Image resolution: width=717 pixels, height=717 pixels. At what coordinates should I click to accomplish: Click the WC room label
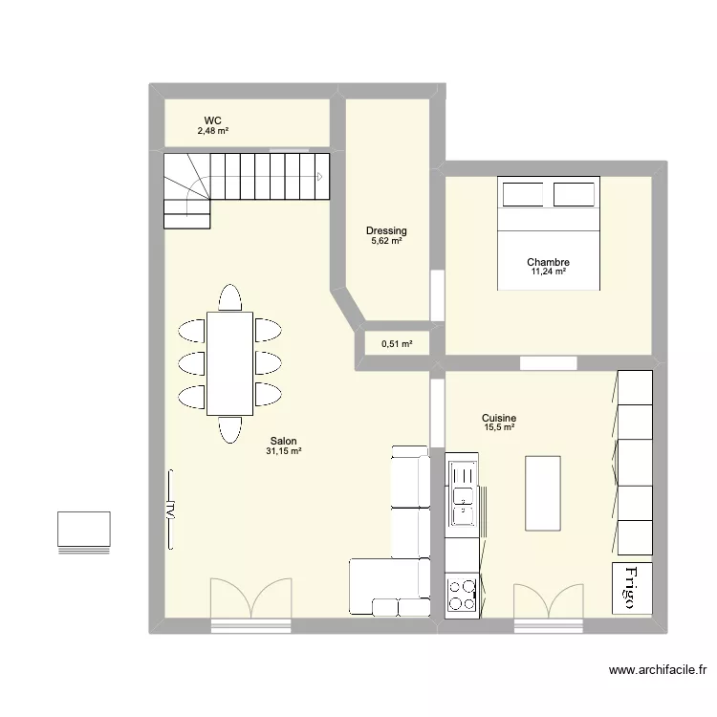click(212, 119)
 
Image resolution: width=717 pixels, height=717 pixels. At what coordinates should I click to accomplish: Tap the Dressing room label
click(386, 230)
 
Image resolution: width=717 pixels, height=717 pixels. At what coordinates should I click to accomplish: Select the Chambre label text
click(548, 262)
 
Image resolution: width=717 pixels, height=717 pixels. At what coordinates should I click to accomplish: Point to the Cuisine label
click(499, 418)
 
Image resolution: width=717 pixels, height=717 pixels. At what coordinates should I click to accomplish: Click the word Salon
click(283, 441)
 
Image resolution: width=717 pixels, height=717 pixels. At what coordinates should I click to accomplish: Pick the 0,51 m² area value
click(397, 344)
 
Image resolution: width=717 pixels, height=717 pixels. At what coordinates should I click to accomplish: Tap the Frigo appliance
click(630, 587)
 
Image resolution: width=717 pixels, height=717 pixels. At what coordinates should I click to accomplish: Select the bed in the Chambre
click(548, 232)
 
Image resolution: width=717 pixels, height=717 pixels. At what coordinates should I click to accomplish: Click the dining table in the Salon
click(229, 363)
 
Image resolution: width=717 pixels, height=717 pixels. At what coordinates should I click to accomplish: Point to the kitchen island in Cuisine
click(542, 491)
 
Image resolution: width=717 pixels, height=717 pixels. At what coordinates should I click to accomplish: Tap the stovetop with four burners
click(462, 594)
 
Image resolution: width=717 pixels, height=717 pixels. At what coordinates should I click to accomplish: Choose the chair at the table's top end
click(229, 298)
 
